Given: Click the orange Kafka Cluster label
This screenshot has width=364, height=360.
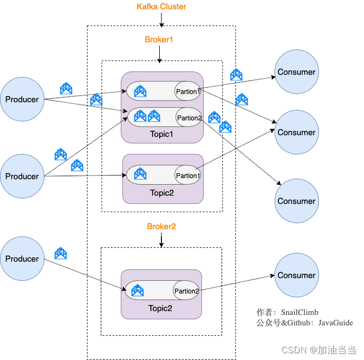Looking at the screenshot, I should click(x=161, y=7).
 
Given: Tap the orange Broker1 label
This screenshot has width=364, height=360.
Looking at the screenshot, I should click(x=159, y=40).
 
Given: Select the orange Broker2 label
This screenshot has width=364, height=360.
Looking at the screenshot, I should click(x=161, y=226).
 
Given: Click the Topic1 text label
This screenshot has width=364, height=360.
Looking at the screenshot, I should click(x=162, y=134).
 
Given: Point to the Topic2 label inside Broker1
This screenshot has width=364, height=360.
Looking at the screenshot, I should click(x=162, y=193).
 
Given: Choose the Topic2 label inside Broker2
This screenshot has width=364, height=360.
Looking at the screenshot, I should click(x=160, y=308).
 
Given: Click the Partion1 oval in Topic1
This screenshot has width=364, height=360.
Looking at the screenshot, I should click(x=188, y=91).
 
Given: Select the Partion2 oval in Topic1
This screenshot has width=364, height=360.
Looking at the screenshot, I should click(x=189, y=118).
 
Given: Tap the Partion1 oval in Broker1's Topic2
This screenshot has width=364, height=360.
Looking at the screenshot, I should click(x=187, y=175).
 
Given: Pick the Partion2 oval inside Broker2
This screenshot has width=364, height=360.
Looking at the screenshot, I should click(x=186, y=291).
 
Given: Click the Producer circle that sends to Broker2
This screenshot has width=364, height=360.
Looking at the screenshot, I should click(x=22, y=259).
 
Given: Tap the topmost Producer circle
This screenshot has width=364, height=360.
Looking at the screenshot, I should click(x=22, y=99).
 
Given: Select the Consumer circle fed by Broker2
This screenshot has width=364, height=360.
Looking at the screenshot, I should click(x=296, y=275).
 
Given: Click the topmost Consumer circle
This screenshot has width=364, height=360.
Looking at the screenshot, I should click(x=296, y=72).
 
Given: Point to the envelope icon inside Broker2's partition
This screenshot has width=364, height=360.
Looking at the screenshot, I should click(x=138, y=290).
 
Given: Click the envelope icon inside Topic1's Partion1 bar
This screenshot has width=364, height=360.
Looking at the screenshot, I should click(x=140, y=91).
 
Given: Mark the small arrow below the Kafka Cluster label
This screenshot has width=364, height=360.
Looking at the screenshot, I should click(x=161, y=20).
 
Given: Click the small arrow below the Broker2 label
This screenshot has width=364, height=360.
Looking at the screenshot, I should click(x=161, y=240).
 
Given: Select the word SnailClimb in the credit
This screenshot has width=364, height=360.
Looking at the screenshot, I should click(x=300, y=312).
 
